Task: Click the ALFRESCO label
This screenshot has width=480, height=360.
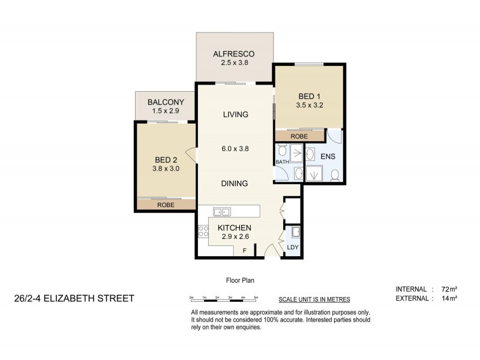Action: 235,53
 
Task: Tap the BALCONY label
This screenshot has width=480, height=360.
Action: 166,103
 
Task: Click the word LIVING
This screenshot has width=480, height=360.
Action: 235,115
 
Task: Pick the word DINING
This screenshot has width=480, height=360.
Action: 235,184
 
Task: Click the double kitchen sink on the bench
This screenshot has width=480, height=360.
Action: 221,211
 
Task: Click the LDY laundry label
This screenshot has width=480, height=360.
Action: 293,247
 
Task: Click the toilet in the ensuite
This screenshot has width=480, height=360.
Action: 335,175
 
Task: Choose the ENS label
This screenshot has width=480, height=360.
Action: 329,157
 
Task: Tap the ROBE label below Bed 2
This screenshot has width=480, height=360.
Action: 166,205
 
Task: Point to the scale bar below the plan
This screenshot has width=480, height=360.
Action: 224,298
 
